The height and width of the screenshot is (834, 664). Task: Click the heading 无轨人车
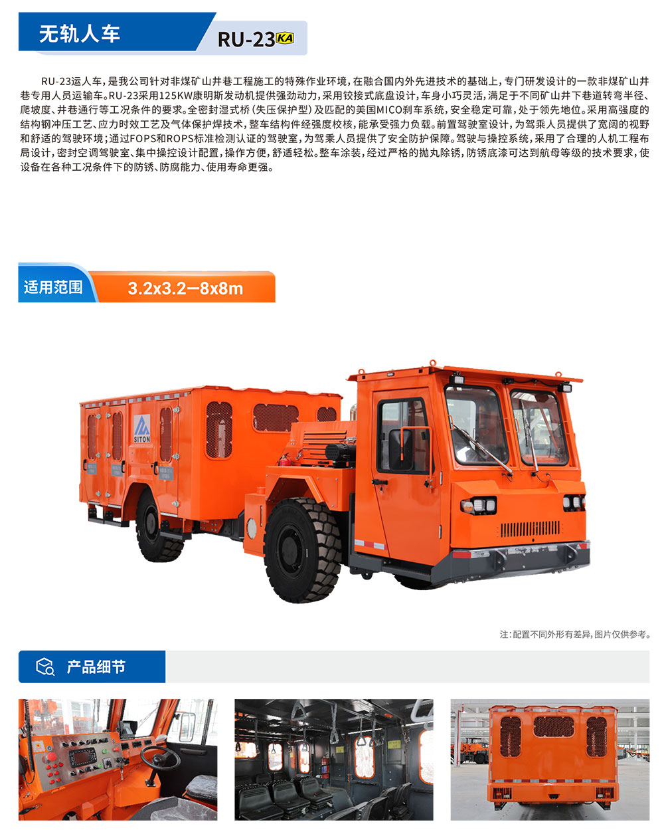coord(79,33)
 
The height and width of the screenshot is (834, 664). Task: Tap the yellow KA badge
coord(285,38)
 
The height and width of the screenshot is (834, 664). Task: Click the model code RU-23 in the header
coord(246,40)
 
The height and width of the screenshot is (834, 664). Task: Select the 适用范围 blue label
coord(53,287)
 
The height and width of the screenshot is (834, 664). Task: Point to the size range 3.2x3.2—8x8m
coord(185,288)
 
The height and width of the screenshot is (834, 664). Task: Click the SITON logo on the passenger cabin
coord(142,429)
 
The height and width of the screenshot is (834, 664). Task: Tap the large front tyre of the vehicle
coord(302,552)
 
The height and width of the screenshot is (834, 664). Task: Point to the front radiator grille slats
coord(530,530)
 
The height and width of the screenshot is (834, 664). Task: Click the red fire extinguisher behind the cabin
coord(284,459)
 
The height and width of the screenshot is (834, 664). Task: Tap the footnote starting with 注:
coord(575,635)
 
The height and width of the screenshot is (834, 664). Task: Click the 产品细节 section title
coord(96,667)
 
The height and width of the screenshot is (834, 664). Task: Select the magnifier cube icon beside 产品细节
coord(44,667)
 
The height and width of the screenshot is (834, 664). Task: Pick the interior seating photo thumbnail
coord(333,759)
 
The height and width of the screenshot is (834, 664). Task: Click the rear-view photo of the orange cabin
coord(550,759)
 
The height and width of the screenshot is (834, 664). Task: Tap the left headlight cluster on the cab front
coord(478,505)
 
